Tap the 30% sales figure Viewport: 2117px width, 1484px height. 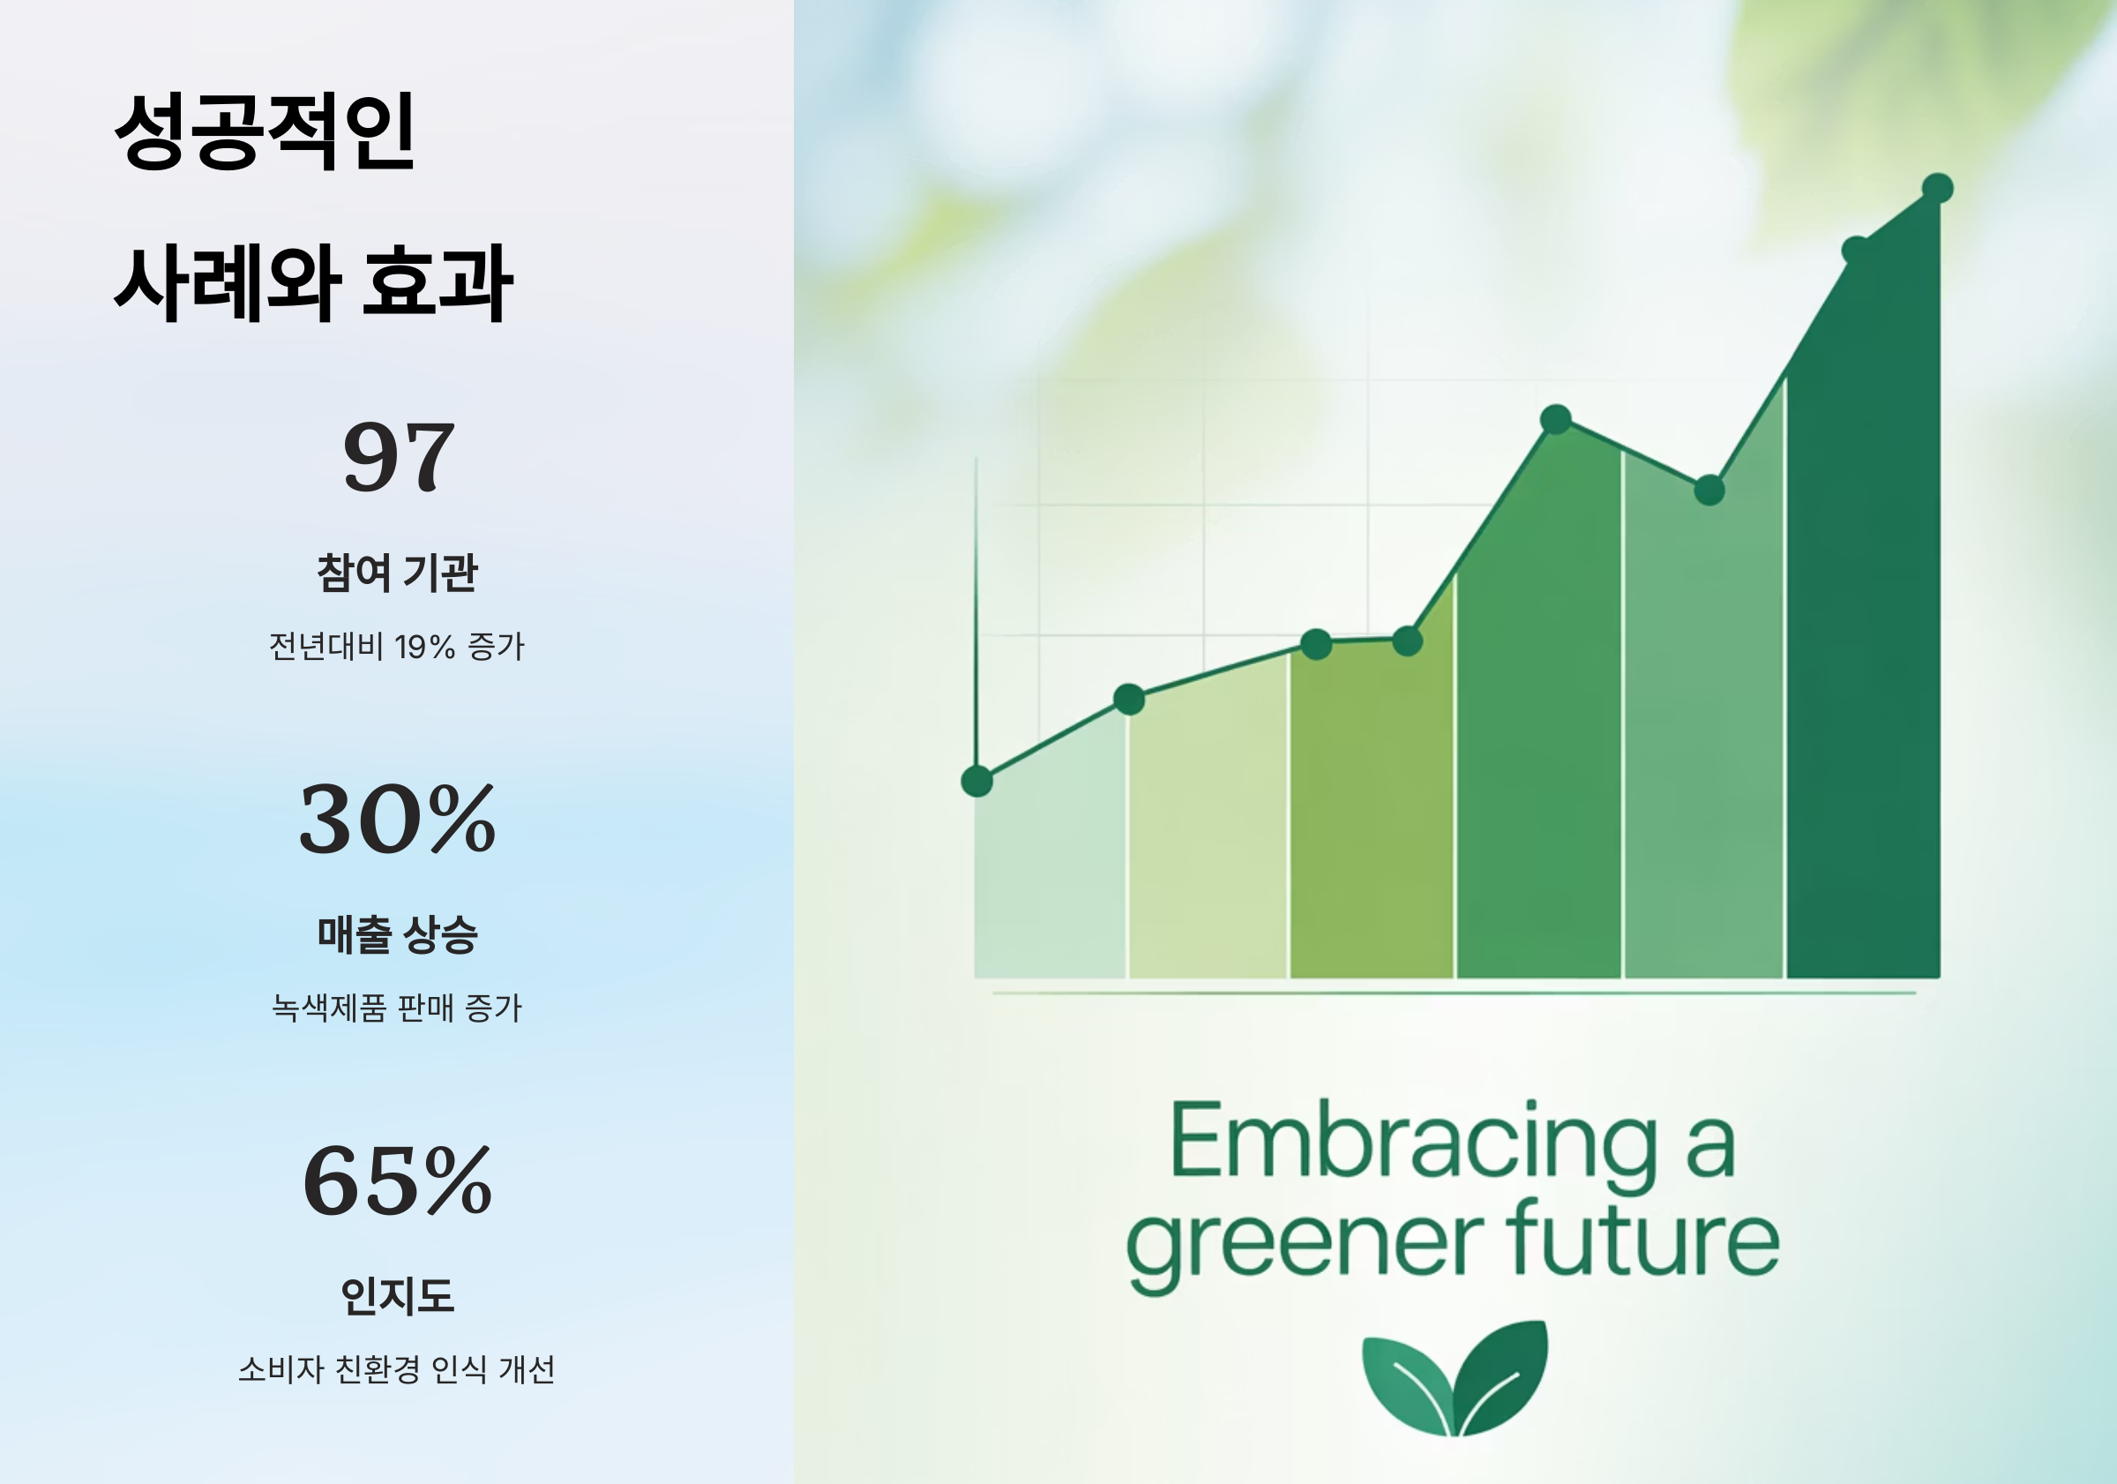pos(398,819)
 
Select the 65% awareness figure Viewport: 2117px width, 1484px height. pos(398,1181)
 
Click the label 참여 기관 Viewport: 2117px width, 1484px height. pos(398,573)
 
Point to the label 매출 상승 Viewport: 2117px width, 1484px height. pos(398,934)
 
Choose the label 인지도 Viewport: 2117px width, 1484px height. pos(398,1296)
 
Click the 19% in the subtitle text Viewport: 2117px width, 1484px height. pos(424,647)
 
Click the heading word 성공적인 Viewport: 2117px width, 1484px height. pos(265,131)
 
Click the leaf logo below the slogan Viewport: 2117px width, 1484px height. pos(1455,1379)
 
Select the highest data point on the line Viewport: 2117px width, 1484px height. pos(1937,188)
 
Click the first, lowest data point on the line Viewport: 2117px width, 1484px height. pos(976,781)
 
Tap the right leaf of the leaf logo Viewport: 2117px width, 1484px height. pos(1503,1375)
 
